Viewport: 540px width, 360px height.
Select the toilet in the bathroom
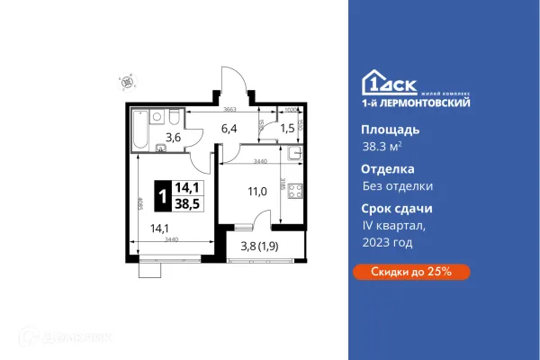click(x=174, y=118)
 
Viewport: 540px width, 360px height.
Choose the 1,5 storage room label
click(x=288, y=129)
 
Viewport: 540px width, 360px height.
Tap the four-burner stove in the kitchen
click(x=294, y=192)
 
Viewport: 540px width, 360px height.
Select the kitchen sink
click(x=294, y=155)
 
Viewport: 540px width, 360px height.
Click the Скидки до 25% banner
click(x=407, y=271)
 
